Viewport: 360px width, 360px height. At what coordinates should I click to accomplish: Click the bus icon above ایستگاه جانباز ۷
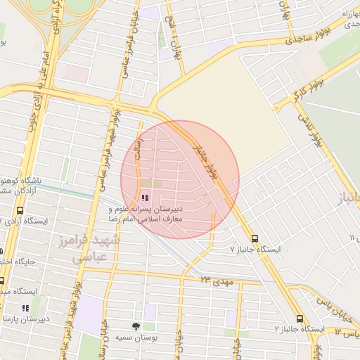(x=255, y=238)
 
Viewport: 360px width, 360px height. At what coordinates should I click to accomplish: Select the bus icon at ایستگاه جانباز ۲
(x=300, y=319)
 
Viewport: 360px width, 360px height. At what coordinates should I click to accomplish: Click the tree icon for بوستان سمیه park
(x=136, y=326)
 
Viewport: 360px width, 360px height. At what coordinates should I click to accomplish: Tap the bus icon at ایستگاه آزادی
(x=19, y=211)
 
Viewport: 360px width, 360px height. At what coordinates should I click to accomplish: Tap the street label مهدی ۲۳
(x=214, y=281)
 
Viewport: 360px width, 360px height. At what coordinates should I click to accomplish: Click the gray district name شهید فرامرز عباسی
(x=96, y=249)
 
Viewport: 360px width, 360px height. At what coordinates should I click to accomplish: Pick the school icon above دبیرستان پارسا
(x=25, y=308)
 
